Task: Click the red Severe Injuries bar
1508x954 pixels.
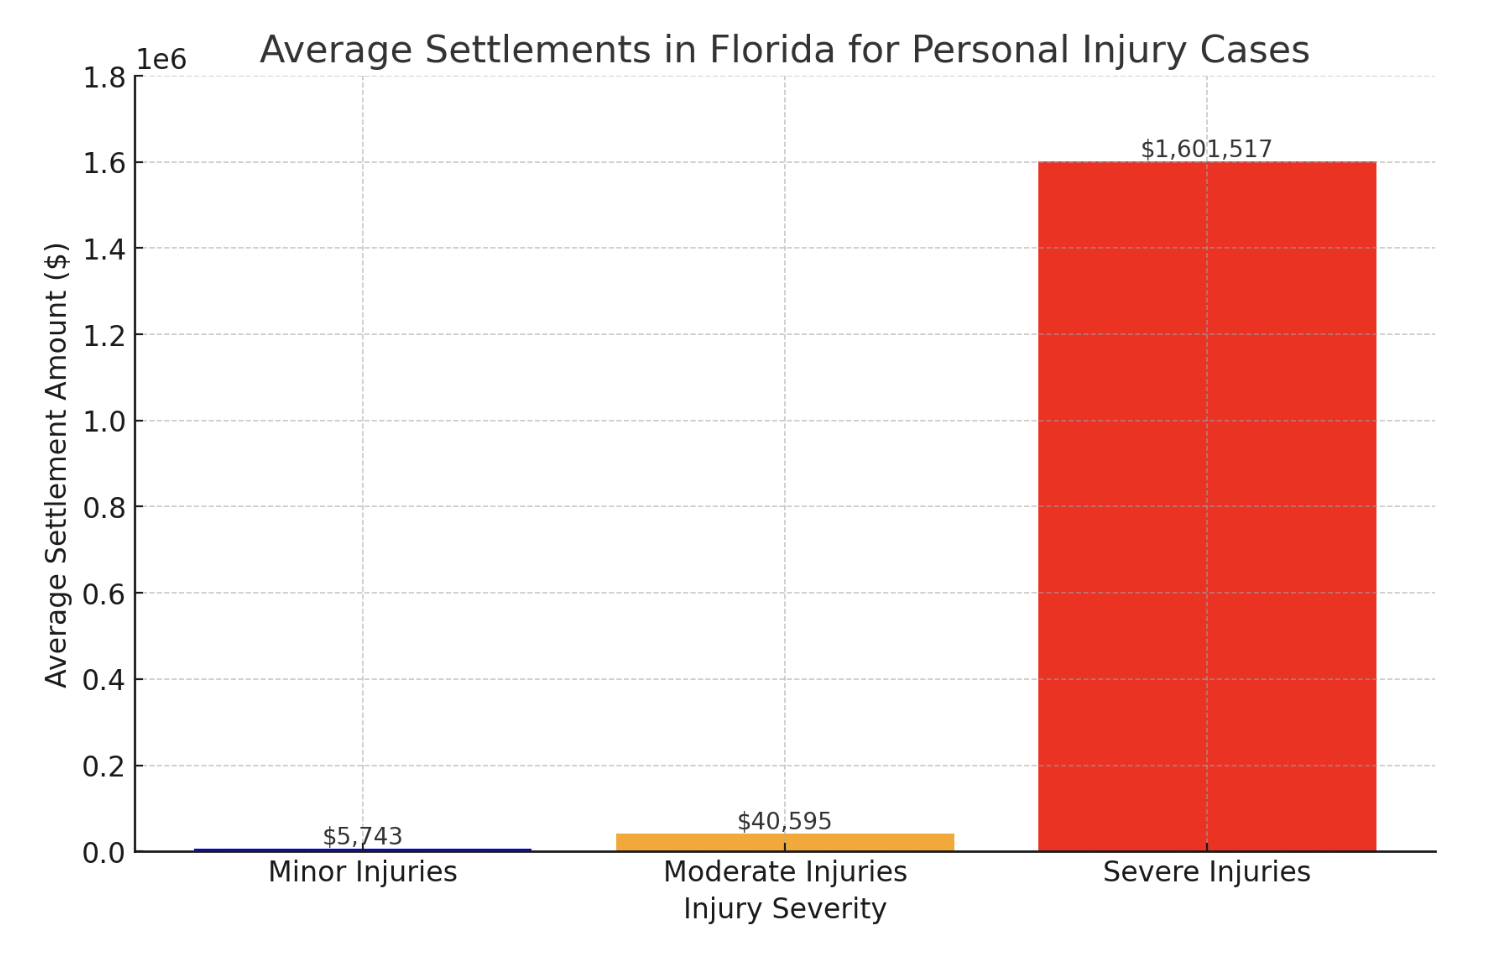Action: (x=1206, y=506)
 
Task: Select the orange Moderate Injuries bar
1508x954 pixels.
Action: (x=784, y=842)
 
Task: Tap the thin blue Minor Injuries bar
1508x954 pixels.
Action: (x=362, y=850)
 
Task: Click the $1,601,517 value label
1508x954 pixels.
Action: (x=1206, y=149)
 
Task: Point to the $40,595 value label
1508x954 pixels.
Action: (x=784, y=821)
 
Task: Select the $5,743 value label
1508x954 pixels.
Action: (x=362, y=836)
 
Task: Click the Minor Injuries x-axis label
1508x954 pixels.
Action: (x=362, y=872)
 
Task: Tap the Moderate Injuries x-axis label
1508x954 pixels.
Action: (x=784, y=872)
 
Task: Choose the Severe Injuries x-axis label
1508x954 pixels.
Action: (x=1206, y=872)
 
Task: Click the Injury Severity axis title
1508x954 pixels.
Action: (x=784, y=909)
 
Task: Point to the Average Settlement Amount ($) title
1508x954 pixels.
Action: (x=57, y=464)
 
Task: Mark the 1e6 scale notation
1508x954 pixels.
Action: (x=161, y=60)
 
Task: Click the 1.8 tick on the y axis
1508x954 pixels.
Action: (x=104, y=77)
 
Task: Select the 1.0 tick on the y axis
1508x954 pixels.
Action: (x=104, y=421)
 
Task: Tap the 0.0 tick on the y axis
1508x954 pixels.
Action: (x=104, y=853)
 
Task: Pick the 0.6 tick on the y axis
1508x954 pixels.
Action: (x=104, y=594)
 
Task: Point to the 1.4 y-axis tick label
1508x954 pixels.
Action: (x=104, y=249)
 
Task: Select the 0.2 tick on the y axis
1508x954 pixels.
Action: (x=104, y=767)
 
